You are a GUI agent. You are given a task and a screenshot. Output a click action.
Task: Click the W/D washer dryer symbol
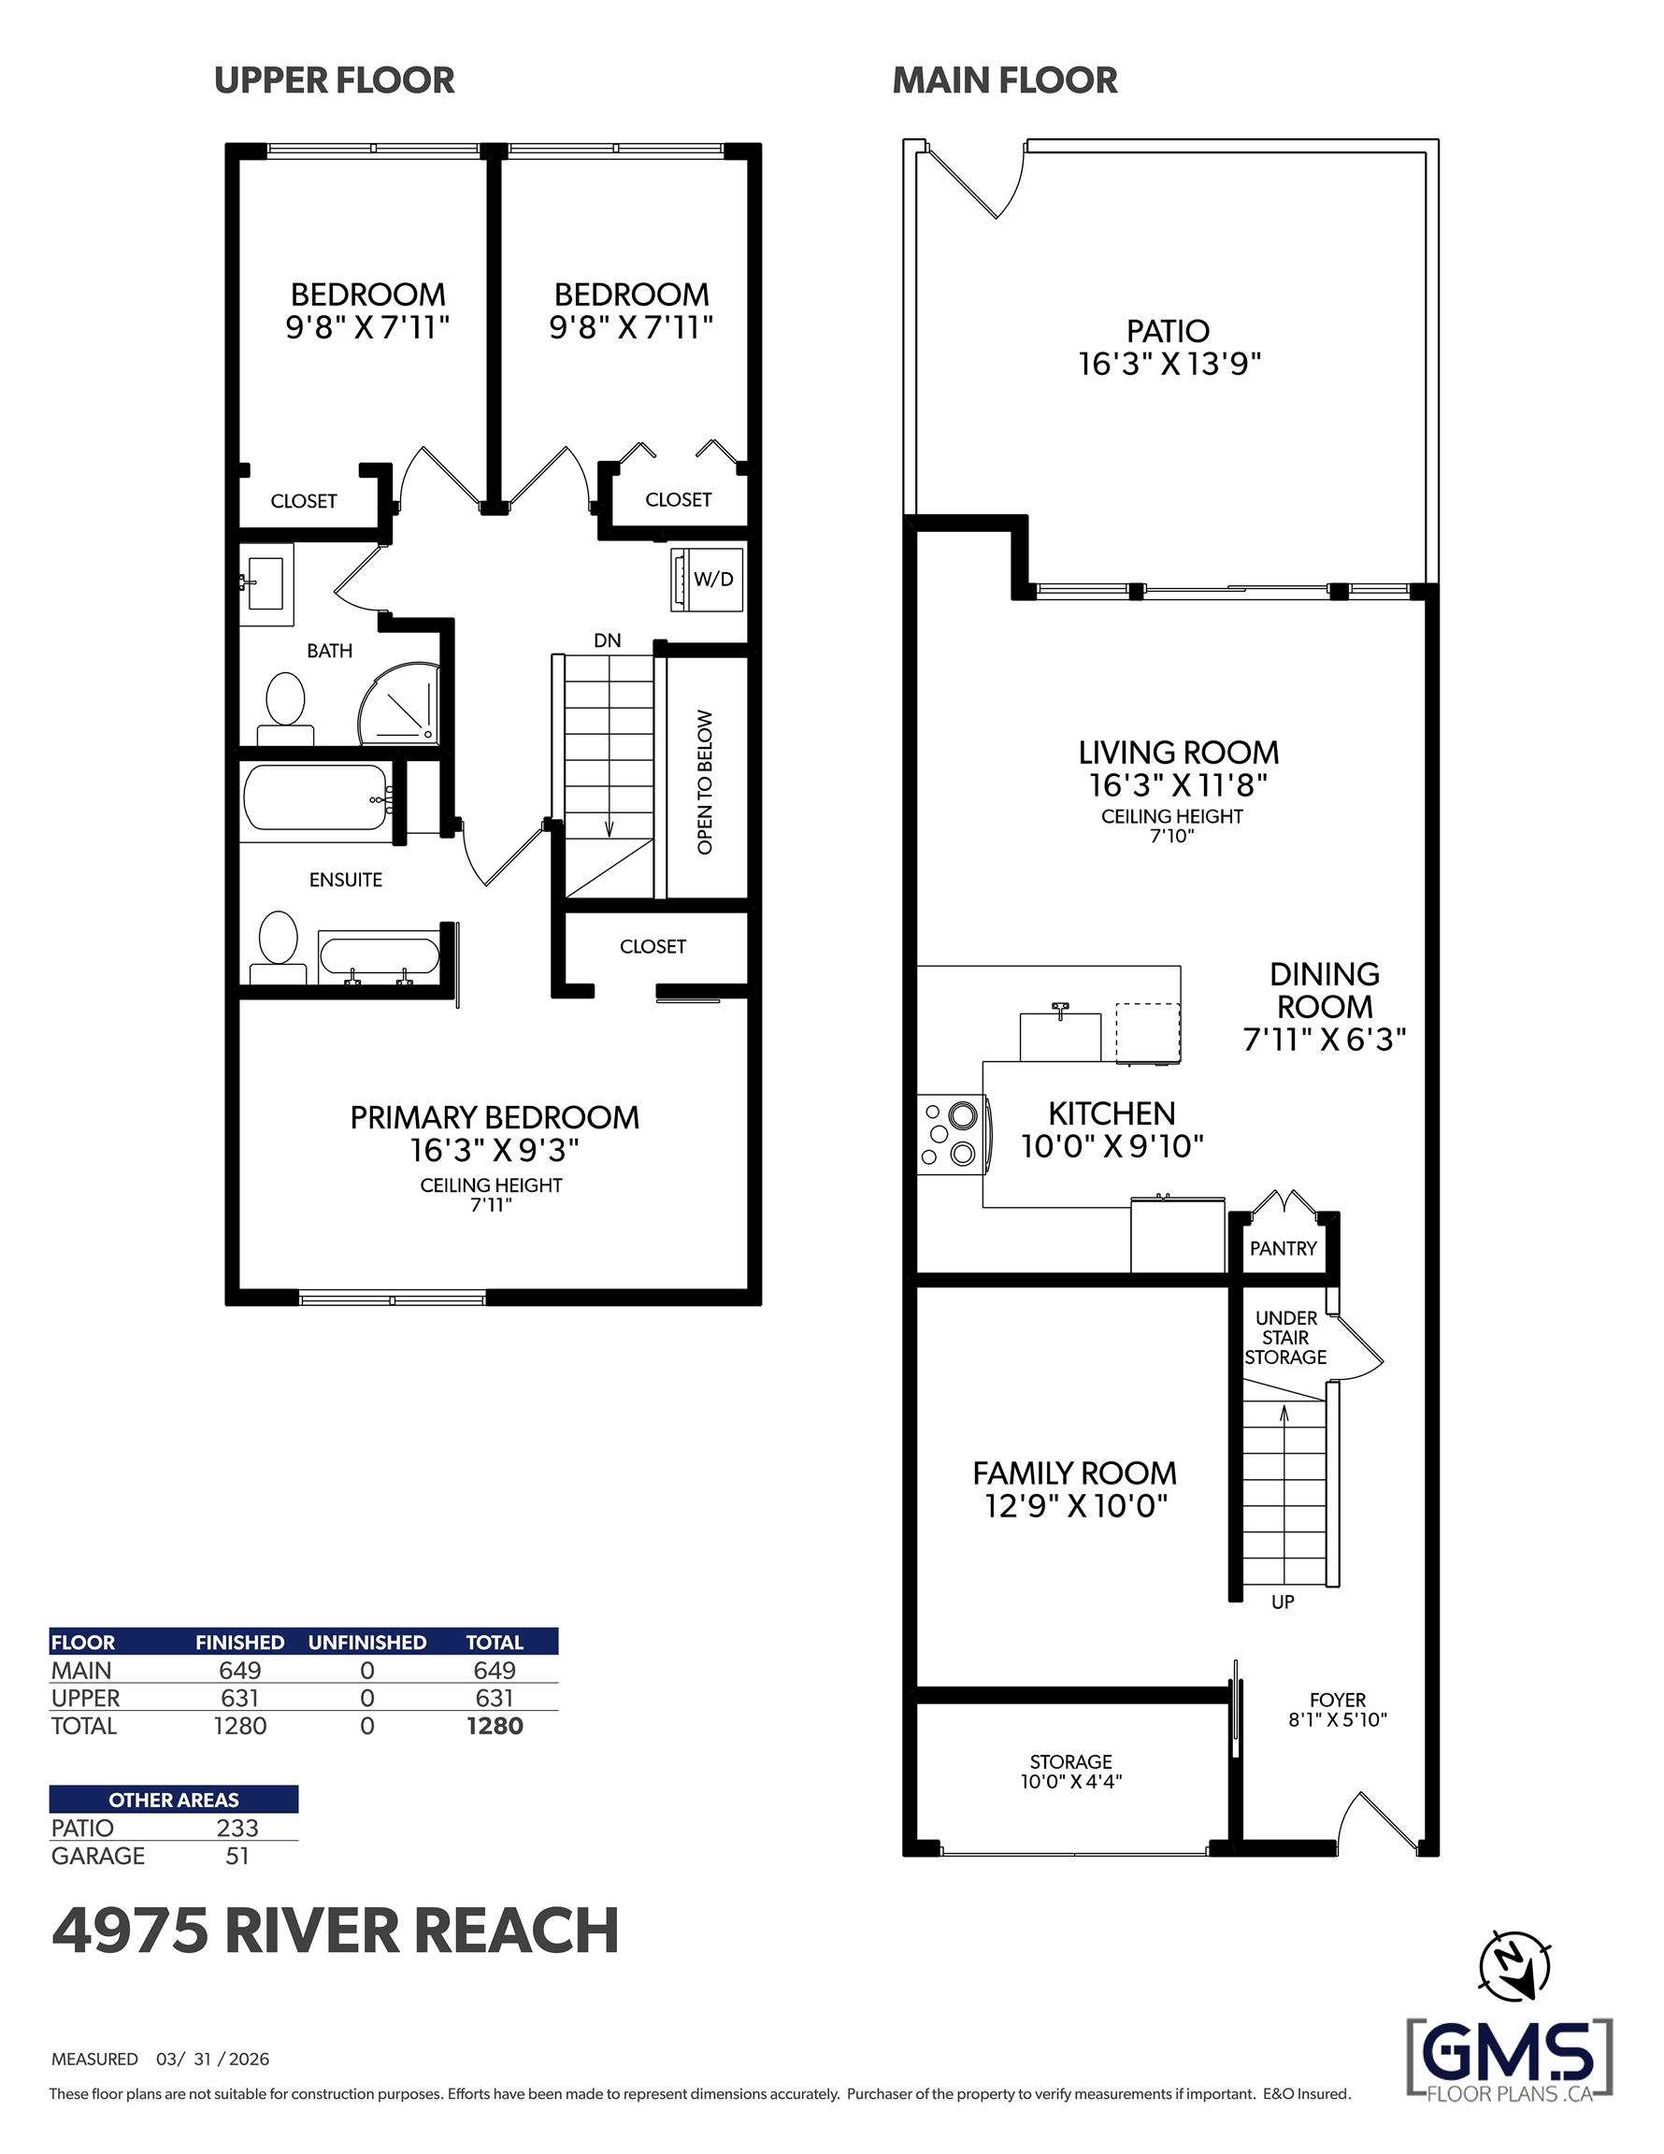pyautogui.click(x=706, y=579)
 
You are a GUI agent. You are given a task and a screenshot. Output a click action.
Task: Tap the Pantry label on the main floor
pyautogui.click(x=1283, y=1249)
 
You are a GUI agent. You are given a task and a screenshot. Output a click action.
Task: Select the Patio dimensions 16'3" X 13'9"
pyautogui.click(x=1169, y=364)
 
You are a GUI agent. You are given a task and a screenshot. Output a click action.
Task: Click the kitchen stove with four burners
pyautogui.click(x=953, y=1134)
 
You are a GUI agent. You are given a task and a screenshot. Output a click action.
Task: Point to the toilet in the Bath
pyautogui.click(x=285, y=708)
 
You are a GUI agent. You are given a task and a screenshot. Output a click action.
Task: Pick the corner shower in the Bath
pyautogui.click(x=398, y=702)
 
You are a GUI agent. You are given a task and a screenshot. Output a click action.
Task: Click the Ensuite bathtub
pyautogui.click(x=316, y=797)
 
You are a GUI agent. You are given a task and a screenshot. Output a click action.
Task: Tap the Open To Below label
pyautogui.click(x=704, y=783)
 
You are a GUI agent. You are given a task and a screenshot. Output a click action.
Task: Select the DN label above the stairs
pyautogui.click(x=608, y=640)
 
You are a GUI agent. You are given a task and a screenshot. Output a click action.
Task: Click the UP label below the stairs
pyautogui.click(x=1283, y=1602)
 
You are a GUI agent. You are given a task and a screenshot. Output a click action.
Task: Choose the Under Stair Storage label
pyautogui.click(x=1285, y=1338)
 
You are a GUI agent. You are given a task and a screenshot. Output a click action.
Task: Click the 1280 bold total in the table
pyautogui.click(x=495, y=1726)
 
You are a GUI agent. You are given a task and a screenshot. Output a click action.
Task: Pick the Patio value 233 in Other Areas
pyautogui.click(x=237, y=1828)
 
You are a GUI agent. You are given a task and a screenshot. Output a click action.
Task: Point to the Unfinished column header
pyautogui.click(x=367, y=1642)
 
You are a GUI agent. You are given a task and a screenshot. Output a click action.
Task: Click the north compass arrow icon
pyautogui.click(x=1515, y=1966)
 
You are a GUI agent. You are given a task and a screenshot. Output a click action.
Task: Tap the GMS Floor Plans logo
pyautogui.click(x=1509, y=2060)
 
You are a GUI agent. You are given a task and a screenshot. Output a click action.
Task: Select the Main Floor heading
pyautogui.click(x=1005, y=79)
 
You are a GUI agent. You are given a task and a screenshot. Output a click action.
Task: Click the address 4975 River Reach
pyautogui.click(x=336, y=1931)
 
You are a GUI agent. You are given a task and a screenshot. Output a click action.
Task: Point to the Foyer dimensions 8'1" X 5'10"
pyautogui.click(x=1338, y=1719)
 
